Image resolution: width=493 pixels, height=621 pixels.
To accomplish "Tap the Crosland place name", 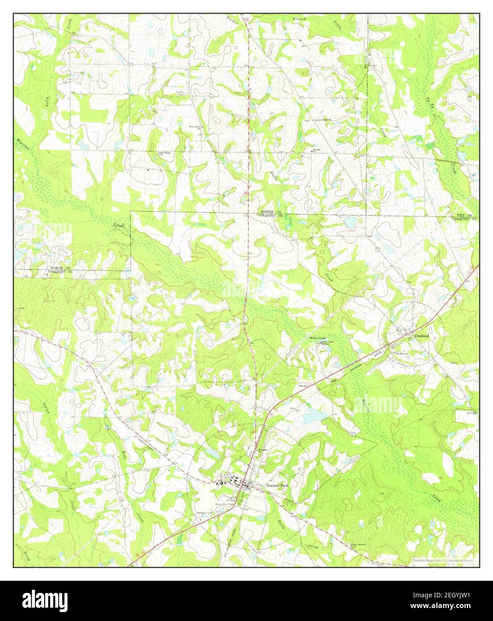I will click(421, 335).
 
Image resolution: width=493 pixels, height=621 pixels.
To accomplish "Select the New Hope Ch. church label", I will click(164, 154).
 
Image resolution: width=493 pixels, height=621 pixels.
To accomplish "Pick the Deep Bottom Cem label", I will click(358, 545).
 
